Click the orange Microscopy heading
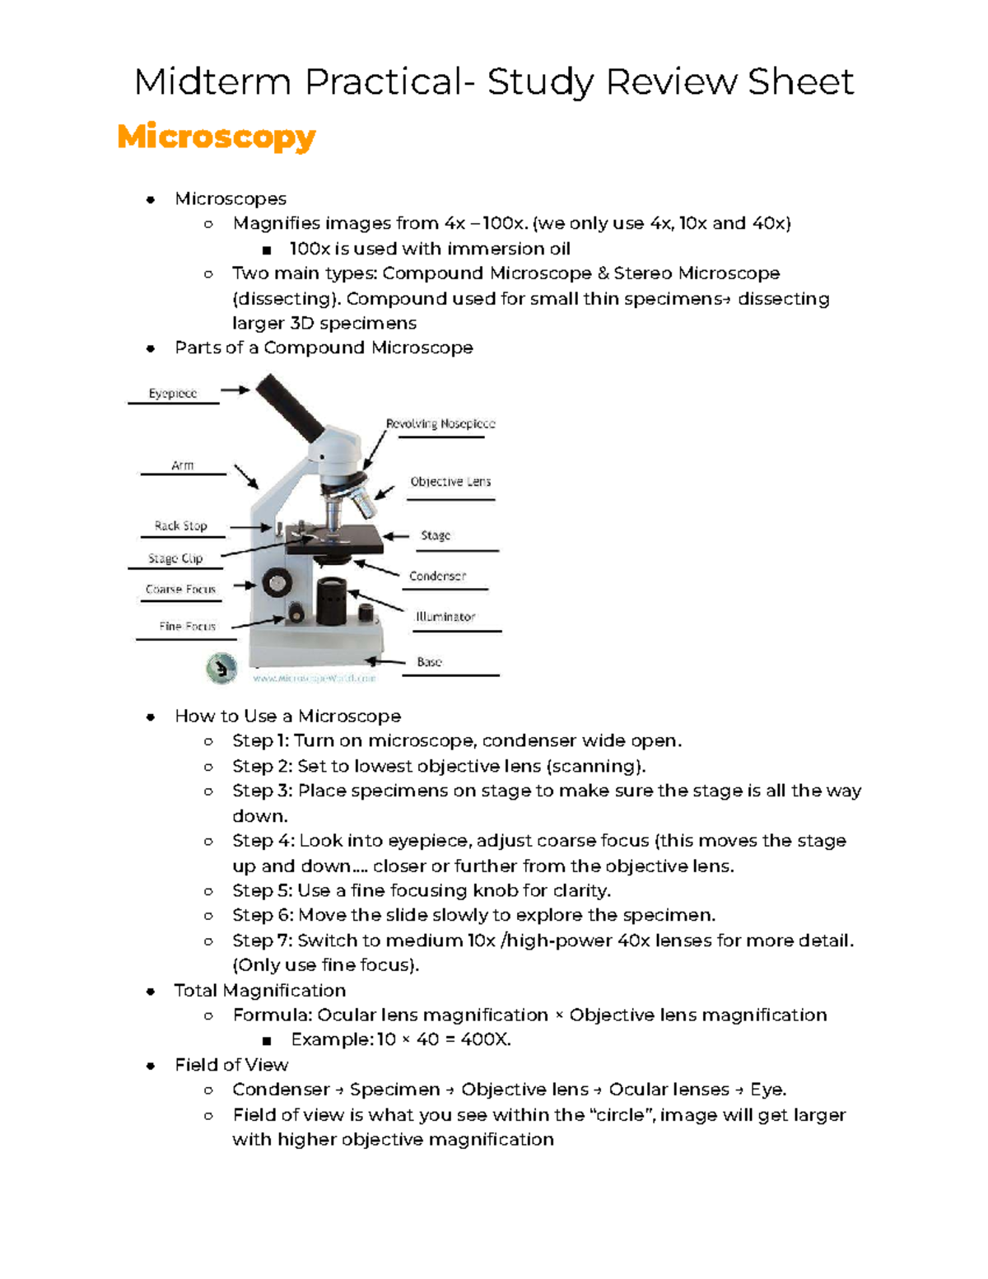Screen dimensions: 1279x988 point(217,137)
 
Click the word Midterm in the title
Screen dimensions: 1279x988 point(212,82)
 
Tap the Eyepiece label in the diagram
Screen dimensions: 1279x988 point(172,394)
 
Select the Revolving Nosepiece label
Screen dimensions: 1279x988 point(440,424)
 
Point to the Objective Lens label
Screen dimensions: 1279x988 point(450,482)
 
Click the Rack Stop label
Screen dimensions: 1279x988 point(180,525)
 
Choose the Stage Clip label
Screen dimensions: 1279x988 point(175,558)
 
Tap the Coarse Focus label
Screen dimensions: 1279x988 point(180,590)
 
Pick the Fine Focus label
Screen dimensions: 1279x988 point(187,627)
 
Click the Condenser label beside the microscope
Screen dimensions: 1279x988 point(437,576)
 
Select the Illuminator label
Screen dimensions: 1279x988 point(445,617)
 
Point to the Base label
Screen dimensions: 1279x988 point(429,662)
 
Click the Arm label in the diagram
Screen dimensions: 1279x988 point(182,466)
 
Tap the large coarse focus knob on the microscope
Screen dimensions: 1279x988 point(277,583)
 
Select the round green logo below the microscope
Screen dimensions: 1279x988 point(221,668)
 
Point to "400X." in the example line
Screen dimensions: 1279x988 point(486,1040)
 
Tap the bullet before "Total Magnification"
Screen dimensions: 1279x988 point(150,992)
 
